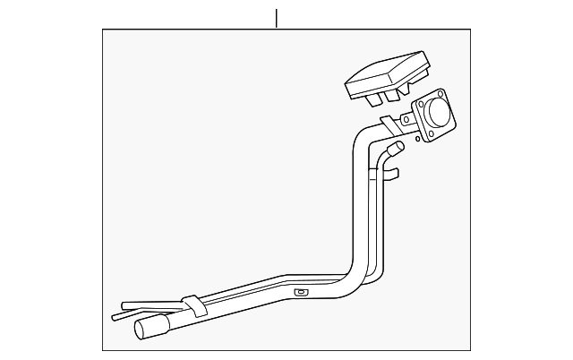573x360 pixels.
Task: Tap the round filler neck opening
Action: point(438,114)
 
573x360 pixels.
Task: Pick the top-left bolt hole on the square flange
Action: point(417,106)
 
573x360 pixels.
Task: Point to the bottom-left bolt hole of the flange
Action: point(428,135)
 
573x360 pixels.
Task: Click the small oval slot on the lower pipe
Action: point(302,292)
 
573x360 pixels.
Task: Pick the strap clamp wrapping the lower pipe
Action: point(191,307)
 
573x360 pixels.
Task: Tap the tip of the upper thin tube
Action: point(123,303)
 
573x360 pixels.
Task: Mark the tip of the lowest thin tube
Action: point(115,316)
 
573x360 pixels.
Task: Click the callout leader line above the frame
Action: point(277,18)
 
